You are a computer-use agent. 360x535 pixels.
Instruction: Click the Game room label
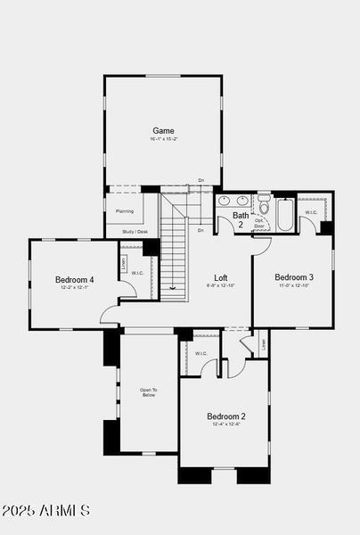162,130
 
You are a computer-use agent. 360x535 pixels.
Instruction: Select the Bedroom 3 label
292,276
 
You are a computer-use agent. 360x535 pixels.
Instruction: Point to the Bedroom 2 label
226,416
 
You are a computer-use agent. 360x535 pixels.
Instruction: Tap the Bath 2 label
241,219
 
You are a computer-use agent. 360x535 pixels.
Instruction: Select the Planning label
124,211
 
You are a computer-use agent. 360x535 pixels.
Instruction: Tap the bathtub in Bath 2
285,214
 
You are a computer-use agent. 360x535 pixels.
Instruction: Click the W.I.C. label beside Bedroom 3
311,212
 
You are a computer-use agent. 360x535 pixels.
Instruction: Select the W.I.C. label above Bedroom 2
201,353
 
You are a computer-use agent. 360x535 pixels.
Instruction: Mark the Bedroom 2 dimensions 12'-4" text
226,425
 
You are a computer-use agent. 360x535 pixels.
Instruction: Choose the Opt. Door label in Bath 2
259,224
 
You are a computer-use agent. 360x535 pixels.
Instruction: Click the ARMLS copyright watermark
46,511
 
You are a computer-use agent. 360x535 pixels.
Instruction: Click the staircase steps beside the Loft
174,259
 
